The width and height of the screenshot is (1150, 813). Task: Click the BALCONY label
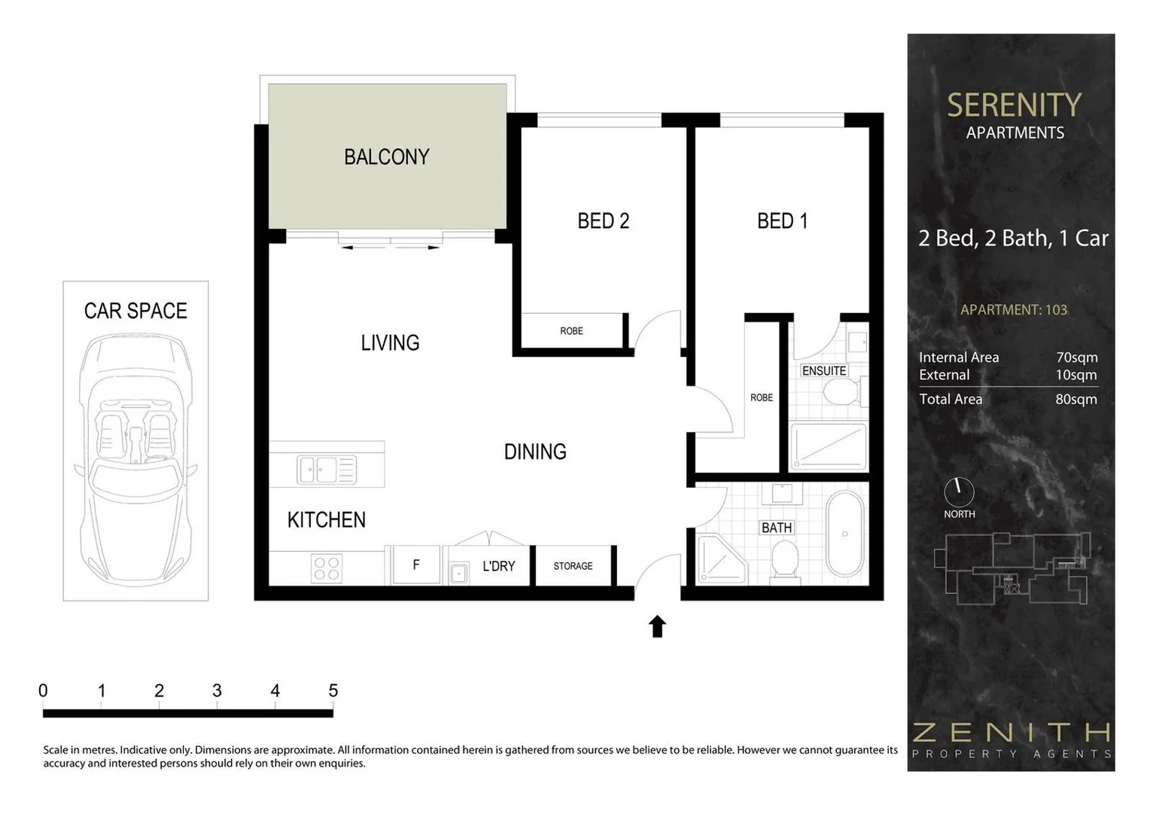pos(386,157)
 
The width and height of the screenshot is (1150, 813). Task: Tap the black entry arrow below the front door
pos(657,626)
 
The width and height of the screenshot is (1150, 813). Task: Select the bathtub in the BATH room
pos(845,534)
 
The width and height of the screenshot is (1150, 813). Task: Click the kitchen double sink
pos(327,470)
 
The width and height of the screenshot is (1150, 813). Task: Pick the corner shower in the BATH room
pos(720,559)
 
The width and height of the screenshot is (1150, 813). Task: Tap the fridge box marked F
pos(415,565)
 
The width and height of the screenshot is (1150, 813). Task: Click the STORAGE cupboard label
pos(573,566)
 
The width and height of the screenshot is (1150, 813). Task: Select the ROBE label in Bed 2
pos(571,331)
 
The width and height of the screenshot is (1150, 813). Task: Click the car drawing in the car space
pos(135,459)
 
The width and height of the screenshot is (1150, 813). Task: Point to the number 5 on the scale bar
pos(333,690)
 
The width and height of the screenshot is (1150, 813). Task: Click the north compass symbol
pos(959,492)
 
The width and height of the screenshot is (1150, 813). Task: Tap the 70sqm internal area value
pos(1076,358)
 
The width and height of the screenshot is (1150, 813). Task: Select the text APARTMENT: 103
pos(1013,309)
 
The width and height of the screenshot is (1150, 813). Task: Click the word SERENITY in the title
pos(1014,105)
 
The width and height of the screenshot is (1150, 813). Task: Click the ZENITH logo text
pos(1012,732)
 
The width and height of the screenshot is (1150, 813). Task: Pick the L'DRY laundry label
pos(498,566)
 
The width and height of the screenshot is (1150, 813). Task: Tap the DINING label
pos(535,452)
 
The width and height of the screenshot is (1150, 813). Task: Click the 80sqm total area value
pos(1076,399)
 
